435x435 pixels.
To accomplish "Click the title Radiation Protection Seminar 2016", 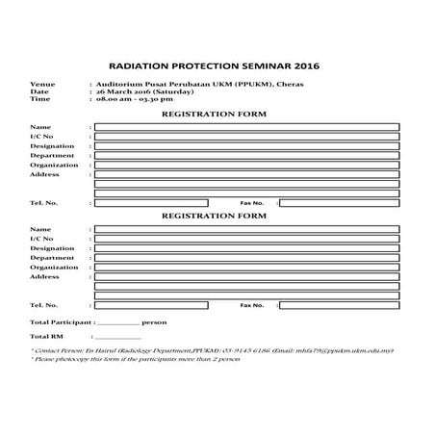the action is pyautogui.click(x=217, y=67).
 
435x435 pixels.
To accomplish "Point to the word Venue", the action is pyautogui.click(x=42, y=84).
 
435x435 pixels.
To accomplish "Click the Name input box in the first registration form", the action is pyautogui.click(x=247, y=127).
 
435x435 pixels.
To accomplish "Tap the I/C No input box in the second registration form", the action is pyautogui.click(x=247, y=238).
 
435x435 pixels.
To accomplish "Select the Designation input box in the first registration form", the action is pyautogui.click(x=247, y=145).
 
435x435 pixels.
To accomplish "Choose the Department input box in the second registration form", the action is pyautogui.click(x=247, y=257).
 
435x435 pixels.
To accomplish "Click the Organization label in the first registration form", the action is pyautogui.click(x=54, y=165).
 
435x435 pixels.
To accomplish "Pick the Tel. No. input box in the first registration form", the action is pyautogui.click(x=151, y=203).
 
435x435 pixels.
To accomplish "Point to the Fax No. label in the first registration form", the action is pyautogui.click(x=251, y=203).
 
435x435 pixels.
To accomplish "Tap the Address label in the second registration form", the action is pyautogui.click(x=45, y=276).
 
